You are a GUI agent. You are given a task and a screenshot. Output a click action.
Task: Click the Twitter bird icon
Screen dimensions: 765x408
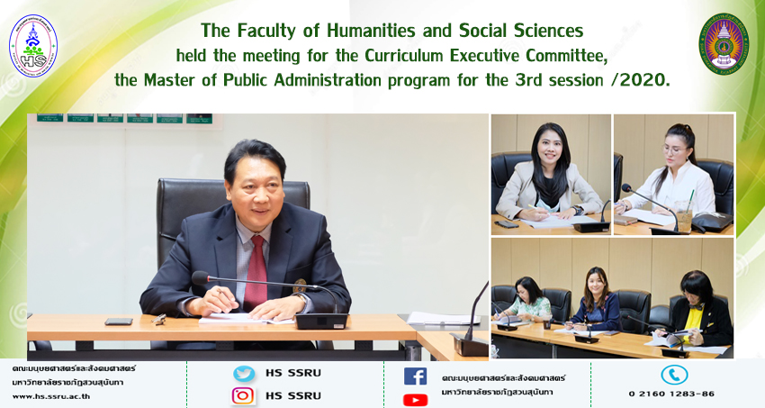pyautogui.click(x=244, y=374)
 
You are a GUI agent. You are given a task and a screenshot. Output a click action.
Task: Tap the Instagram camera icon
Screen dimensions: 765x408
pyautogui.click(x=243, y=395)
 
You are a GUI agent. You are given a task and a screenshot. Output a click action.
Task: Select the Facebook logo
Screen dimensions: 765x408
pyautogui.click(x=415, y=376)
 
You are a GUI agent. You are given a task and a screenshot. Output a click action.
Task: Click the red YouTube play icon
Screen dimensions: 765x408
pyautogui.click(x=415, y=400)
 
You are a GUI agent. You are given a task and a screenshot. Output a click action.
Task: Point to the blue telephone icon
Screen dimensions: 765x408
pyautogui.click(x=674, y=376)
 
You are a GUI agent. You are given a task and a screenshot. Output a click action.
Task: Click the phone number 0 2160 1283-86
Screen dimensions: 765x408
pyautogui.click(x=671, y=394)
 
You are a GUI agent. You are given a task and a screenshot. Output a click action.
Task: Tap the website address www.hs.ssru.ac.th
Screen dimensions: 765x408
pyautogui.click(x=50, y=396)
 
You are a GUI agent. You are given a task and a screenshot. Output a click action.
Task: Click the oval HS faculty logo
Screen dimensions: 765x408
pyautogui.click(x=33, y=46)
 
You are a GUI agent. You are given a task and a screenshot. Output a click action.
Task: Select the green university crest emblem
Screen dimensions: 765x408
pyautogui.click(x=724, y=44)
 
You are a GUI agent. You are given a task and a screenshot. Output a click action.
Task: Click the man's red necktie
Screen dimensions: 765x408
pyautogui.click(x=256, y=273)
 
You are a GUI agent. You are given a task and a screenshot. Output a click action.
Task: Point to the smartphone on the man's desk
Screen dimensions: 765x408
pyautogui.click(x=119, y=322)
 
